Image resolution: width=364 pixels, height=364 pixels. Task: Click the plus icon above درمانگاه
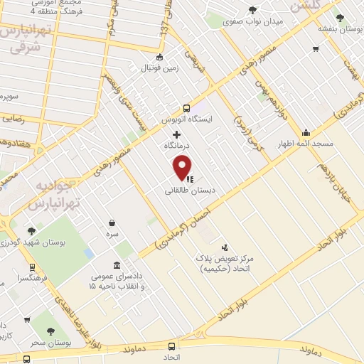[177, 134]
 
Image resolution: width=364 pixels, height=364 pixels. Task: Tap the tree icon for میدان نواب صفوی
[253, 9]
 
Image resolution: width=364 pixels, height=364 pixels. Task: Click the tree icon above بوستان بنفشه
[341, 18]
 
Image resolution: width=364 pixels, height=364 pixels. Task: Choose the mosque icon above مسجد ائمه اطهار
[306, 132]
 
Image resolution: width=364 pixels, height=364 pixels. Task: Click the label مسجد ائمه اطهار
[306, 143]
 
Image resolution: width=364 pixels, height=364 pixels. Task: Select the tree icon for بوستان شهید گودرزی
[31, 230]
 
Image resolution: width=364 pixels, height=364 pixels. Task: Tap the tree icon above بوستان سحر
[50, 331]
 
